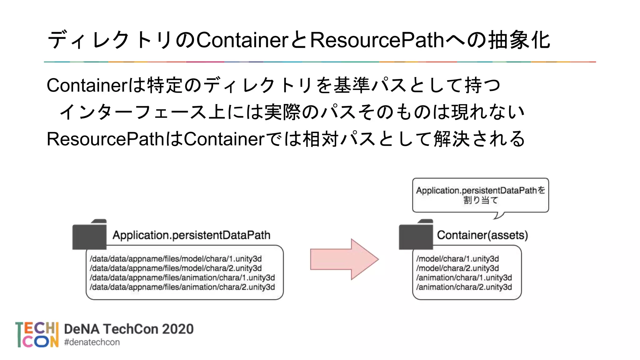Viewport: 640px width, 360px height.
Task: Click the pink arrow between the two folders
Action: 344,259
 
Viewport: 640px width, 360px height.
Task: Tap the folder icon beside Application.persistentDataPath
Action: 89,235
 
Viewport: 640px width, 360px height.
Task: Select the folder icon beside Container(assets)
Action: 416,235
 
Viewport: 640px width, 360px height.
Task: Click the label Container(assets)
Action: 482,235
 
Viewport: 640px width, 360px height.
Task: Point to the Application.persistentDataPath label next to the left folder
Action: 191,235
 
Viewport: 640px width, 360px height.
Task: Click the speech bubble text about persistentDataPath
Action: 480,195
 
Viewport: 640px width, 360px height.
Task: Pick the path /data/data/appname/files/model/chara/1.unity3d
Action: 176,259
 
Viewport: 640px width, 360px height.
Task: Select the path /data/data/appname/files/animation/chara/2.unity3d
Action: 182,287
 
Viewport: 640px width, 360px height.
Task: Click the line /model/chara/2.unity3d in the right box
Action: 457,268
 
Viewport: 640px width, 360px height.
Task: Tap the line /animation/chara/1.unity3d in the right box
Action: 464,277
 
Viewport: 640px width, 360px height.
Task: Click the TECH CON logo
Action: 37,335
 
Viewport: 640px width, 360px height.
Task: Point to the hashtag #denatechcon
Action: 92,342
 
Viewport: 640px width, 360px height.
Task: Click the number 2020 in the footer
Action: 178,329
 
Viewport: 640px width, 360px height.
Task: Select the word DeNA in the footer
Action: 82,329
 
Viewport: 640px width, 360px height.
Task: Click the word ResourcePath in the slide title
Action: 377,40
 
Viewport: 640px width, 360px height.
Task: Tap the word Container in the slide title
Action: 242,40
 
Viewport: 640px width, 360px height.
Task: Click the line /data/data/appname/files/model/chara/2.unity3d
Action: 176,268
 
